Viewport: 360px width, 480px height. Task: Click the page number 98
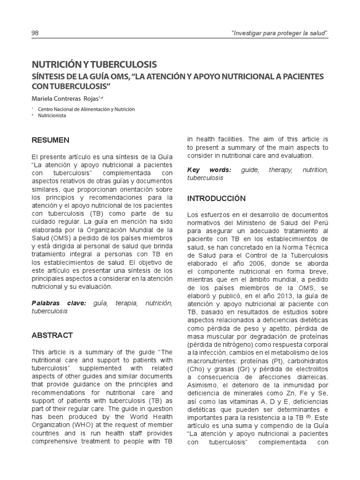pyautogui.click(x=35, y=33)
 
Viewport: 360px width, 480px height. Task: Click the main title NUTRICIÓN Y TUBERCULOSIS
pyautogui.click(x=94, y=64)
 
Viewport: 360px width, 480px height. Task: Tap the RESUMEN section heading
pyautogui.click(x=50, y=140)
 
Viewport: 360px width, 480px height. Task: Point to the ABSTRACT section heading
pyautogui.click(x=52, y=335)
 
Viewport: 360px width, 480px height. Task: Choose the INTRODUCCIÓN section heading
pyautogui.click(x=216, y=198)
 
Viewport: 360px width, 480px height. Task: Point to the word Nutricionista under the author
pyautogui.click(x=53, y=116)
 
